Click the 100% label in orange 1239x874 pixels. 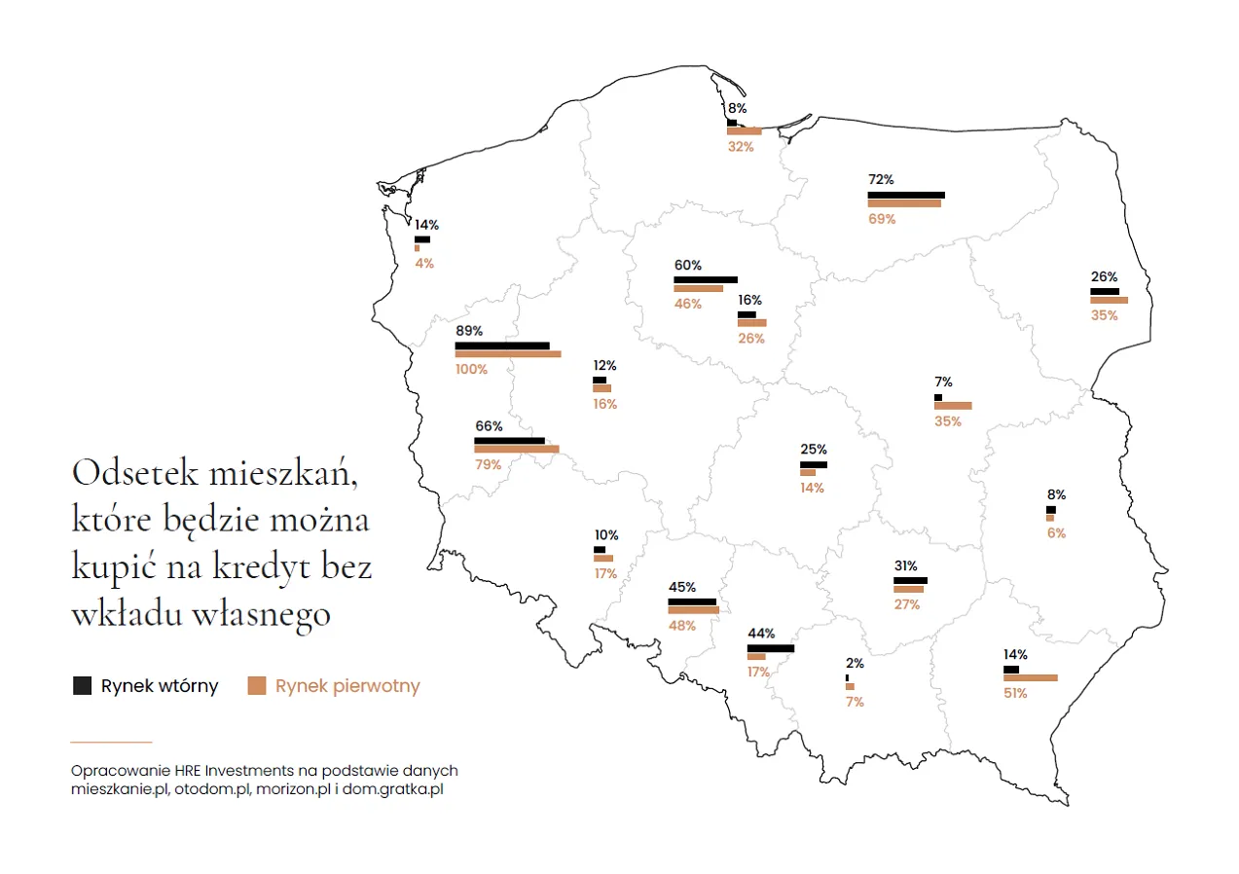pos(471,370)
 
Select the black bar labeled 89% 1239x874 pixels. pos(502,346)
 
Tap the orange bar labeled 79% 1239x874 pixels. pos(517,450)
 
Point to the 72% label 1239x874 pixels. pos(881,180)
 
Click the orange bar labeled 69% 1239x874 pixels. pos(904,203)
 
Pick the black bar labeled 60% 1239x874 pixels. pos(706,279)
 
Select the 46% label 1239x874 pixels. pos(688,304)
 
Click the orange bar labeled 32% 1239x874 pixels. pos(744,131)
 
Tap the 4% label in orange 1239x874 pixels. pos(424,263)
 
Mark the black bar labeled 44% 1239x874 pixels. pos(771,648)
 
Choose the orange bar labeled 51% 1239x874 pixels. pos(1030,678)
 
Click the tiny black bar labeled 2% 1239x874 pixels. pos(847,677)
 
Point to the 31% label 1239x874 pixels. pos(906,565)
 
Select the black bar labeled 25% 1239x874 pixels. pos(814,465)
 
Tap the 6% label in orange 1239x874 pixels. pos(1056,533)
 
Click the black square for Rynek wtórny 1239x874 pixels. pos(83,685)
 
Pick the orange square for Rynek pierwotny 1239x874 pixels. pos(257,685)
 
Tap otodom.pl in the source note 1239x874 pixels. pos(211,789)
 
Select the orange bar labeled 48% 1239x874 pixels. pos(693,610)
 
